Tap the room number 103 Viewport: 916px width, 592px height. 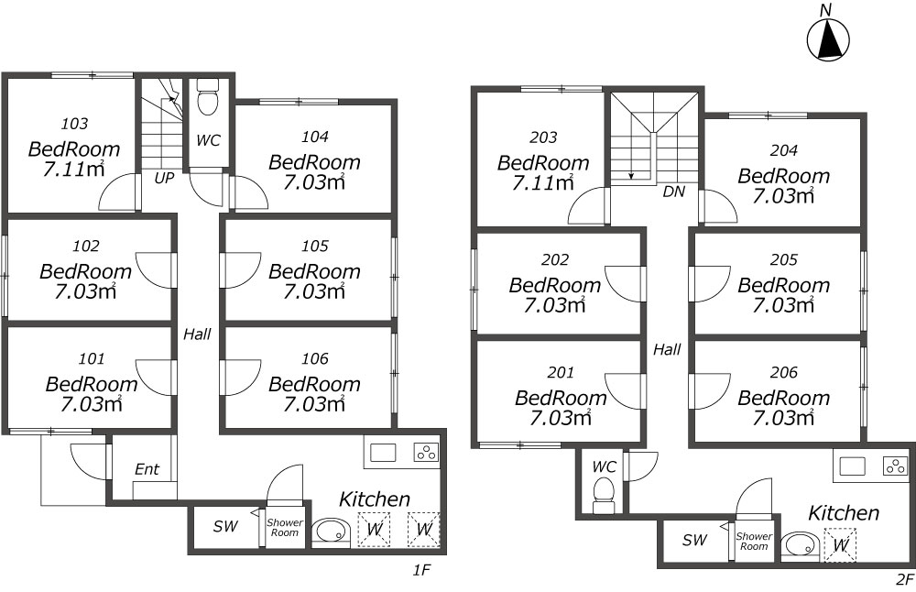click(75, 124)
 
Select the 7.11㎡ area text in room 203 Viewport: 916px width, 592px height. click(543, 183)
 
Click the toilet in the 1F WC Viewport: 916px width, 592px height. click(207, 97)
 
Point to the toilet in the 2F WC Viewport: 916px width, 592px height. click(604, 495)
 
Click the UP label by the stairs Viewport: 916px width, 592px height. click(164, 179)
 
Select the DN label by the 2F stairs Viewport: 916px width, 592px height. click(673, 192)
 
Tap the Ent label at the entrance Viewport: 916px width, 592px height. click(147, 469)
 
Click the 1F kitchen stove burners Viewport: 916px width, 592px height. click(426, 453)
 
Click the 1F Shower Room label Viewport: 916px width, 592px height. click(285, 528)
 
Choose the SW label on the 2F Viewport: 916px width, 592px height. click(695, 540)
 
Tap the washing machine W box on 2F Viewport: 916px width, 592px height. click(840, 544)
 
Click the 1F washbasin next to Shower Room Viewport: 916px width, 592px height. click(331, 532)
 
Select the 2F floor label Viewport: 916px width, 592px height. click(904, 580)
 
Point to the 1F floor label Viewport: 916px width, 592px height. click(421, 570)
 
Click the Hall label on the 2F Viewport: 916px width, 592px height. click(667, 349)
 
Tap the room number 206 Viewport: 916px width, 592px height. click(784, 372)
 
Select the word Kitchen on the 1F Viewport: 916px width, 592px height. click(375, 499)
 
